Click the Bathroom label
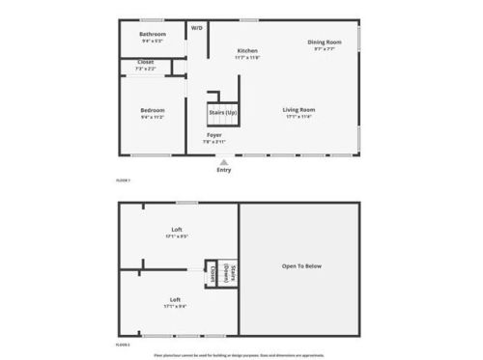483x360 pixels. pyautogui.click(x=153, y=35)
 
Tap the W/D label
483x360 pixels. pyautogui.click(x=197, y=28)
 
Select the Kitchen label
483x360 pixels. pyautogui.click(x=247, y=50)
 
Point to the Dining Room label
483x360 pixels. pyautogui.click(x=324, y=42)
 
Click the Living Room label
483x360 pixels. pyautogui.click(x=299, y=109)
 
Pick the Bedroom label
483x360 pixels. pyautogui.click(x=153, y=110)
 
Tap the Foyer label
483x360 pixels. pyautogui.click(x=213, y=135)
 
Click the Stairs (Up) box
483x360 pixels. pyautogui.click(x=222, y=112)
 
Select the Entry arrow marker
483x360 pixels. pyautogui.click(x=224, y=162)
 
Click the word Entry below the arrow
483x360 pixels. pyautogui.click(x=224, y=171)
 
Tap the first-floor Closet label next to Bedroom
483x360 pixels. pyautogui.click(x=146, y=63)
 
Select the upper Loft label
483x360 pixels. pyautogui.click(x=176, y=229)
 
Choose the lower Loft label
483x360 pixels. pyautogui.click(x=176, y=299)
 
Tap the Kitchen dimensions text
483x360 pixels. pyautogui.click(x=247, y=58)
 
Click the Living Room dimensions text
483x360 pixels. pyautogui.click(x=299, y=117)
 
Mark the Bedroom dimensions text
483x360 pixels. pyautogui.click(x=153, y=117)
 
